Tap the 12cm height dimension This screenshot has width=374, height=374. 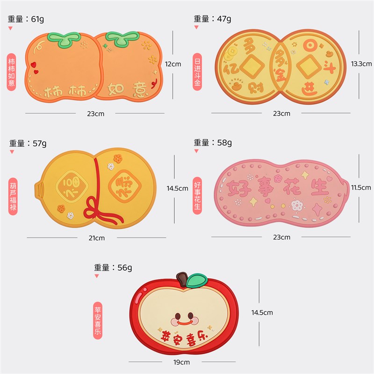pos(173,64)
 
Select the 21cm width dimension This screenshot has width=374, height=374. pos(97,238)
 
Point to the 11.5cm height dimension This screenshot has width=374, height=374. pos(361,187)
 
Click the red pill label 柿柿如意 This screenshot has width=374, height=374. pos(12,72)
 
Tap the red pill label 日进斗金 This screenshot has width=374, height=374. pos(197,71)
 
